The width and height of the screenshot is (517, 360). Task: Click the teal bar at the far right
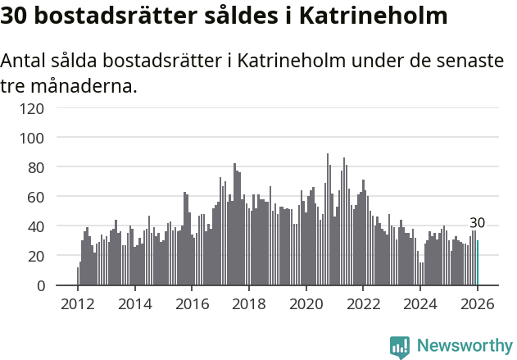(478, 263)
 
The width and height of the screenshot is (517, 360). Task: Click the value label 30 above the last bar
(477, 223)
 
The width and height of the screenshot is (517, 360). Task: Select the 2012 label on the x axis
(78, 303)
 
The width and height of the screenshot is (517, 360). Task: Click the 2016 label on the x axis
(192, 303)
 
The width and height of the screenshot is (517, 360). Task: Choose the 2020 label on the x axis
(306, 303)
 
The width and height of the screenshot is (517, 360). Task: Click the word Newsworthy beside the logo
(464, 346)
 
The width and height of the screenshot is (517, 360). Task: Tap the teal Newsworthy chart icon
(400, 347)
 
